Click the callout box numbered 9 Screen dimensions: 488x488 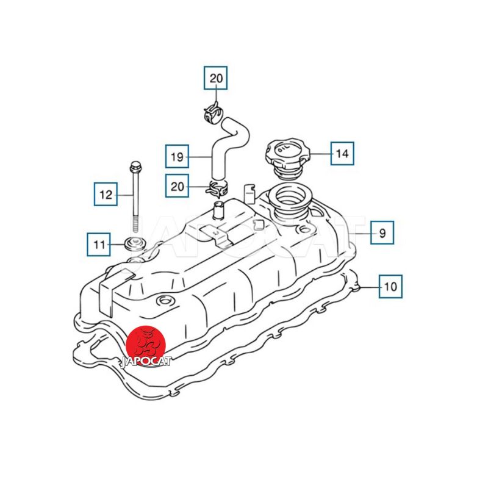pyautogui.click(x=382, y=232)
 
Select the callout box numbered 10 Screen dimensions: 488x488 pyautogui.click(x=390, y=286)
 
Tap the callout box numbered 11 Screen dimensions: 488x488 pyautogui.click(x=99, y=245)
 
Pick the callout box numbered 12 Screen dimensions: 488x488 pyautogui.click(x=106, y=194)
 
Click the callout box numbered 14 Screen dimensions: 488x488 pyautogui.click(x=342, y=153)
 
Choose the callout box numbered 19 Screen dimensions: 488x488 pyautogui.click(x=177, y=156)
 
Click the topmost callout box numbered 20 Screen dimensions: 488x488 pyautogui.click(x=216, y=78)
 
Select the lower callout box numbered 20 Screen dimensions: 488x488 pyautogui.click(x=177, y=186)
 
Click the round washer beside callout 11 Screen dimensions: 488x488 pyautogui.click(x=135, y=243)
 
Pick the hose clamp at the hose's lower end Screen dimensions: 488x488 pyautogui.click(x=217, y=188)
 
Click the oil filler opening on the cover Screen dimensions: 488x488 pyautogui.click(x=288, y=199)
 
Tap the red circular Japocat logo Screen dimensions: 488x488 pyautogui.click(x=146, y=345)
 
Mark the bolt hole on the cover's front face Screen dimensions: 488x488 pyautogui.click(x=163, y=301)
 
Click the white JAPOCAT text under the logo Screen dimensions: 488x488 pyautogui.click(x=146, y=362)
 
